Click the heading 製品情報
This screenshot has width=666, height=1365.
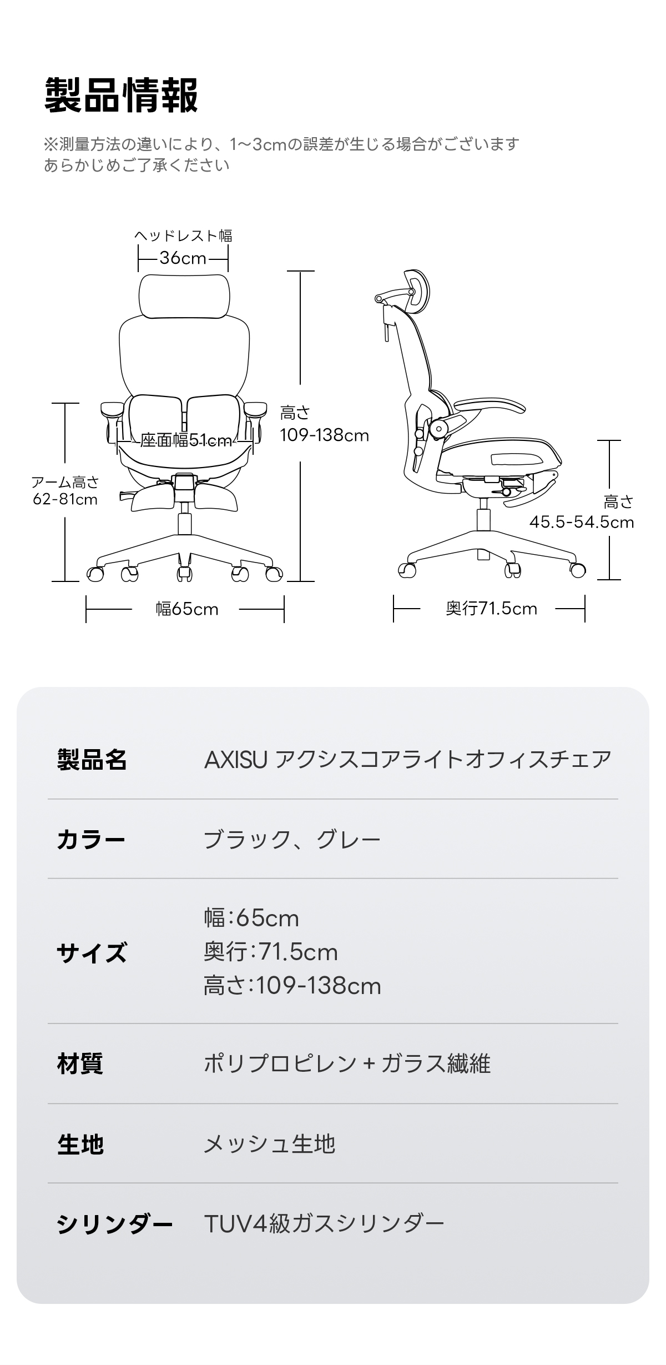121,96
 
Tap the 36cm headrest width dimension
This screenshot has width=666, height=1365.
183,258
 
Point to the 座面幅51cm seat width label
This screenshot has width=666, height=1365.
186,440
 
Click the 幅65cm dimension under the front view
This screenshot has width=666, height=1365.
187,609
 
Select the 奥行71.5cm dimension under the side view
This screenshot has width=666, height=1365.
492,609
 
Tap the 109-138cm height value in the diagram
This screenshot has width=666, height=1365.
324,435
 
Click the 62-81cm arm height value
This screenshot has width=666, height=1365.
65,499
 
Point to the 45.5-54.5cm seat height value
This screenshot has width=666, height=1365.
581,522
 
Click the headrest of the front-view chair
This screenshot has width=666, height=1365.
184,297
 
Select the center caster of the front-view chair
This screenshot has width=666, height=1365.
184,573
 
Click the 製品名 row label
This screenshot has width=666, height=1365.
92,759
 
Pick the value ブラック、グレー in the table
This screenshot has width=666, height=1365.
292,839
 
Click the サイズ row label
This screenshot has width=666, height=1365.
92,952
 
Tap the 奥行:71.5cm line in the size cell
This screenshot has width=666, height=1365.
271,952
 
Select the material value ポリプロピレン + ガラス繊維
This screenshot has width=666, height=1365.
347,1063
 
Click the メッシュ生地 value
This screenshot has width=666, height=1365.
270,1143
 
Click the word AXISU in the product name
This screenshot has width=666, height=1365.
236,759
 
